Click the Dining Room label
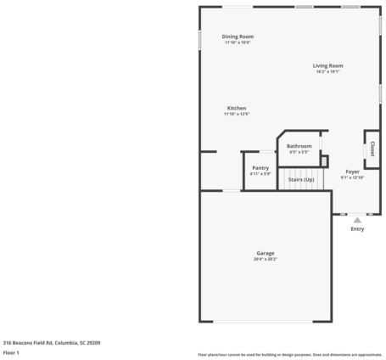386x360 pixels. [x=238, y=37]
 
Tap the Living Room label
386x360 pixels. [x=327, y=65]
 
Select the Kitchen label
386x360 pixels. [x=237, y=108]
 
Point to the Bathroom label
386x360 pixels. [x=299, y=147]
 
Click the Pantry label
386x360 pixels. [x=260, y=168]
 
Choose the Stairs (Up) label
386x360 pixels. [x=301, y=179]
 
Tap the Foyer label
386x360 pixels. [x=352, y=172]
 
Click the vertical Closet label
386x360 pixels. [x=371, y=149]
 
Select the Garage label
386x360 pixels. [x=266, y=253]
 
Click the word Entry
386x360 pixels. [x=357, y=228]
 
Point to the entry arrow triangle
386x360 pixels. [x=357, y=220]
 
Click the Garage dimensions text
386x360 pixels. [x=266, y=259]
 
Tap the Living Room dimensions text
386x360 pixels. [x=327, y=71]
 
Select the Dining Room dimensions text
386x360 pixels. [x=238, y=42]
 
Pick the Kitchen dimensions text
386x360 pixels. [x=237, y=114]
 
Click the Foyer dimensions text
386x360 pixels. [x=352, y=177]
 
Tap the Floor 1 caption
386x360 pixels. [x=12, y=352]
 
